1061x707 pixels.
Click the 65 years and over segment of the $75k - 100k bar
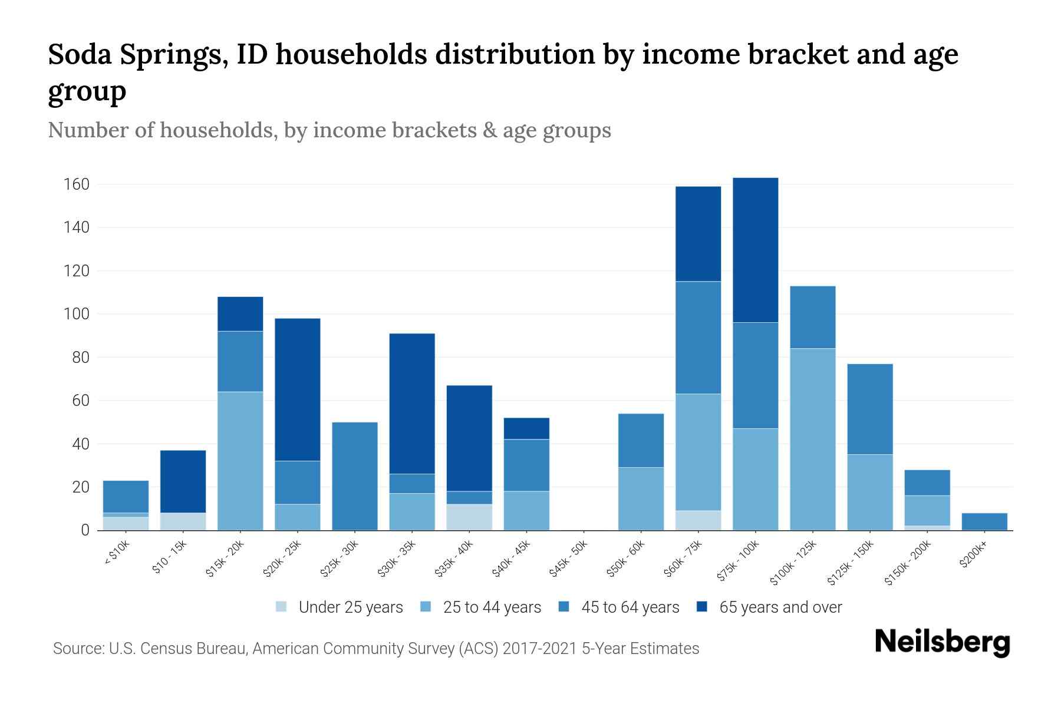(755, 250)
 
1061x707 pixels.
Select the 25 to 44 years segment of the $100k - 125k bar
(812, 439)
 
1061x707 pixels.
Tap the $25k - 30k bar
(355, 476)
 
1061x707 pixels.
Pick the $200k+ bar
(984, 521)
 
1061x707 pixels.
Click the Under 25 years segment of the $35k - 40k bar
(469, 517)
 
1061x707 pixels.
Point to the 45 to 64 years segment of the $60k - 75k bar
(698, 337)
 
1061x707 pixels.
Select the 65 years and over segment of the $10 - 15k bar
(183, 481)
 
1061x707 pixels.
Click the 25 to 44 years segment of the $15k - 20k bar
(240, 461)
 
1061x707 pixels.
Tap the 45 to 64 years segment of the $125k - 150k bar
(869, 409)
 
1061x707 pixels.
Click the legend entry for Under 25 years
(350, 607)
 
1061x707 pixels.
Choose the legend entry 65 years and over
(780, 607)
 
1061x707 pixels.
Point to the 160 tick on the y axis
(77, 184)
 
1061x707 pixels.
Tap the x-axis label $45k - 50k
(569, 559)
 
